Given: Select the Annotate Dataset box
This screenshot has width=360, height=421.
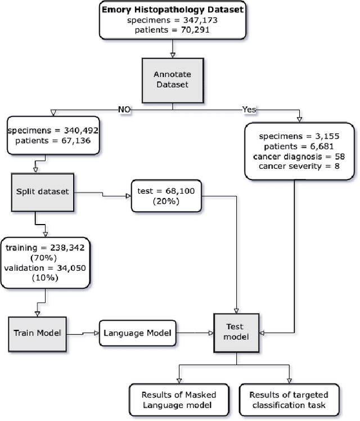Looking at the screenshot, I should (171, 78).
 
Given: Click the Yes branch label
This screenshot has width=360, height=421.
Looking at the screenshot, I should (249, 108).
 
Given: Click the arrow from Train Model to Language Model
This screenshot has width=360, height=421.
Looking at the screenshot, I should (83, 333).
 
